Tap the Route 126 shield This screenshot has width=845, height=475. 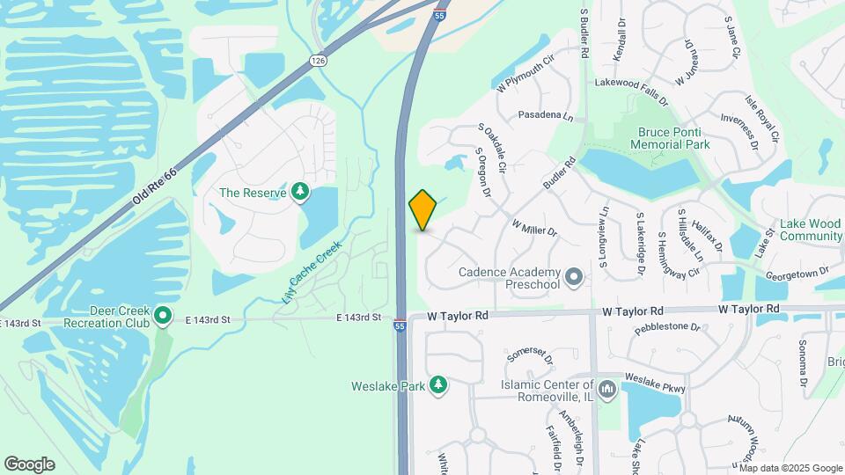318,60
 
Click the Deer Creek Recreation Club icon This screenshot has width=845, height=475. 162,315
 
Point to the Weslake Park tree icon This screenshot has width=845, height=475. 437,385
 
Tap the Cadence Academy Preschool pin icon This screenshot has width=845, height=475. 574,278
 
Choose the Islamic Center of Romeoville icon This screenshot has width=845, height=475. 606,388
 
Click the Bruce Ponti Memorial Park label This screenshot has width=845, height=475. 673,138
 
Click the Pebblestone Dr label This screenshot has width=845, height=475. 666,328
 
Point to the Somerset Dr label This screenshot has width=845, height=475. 527,355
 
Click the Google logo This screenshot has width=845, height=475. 29,464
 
